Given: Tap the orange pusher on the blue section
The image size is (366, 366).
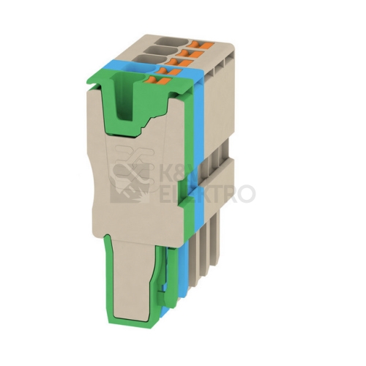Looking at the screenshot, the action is pos(169,72).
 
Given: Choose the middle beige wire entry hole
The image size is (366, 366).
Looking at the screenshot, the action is pos(161,51).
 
